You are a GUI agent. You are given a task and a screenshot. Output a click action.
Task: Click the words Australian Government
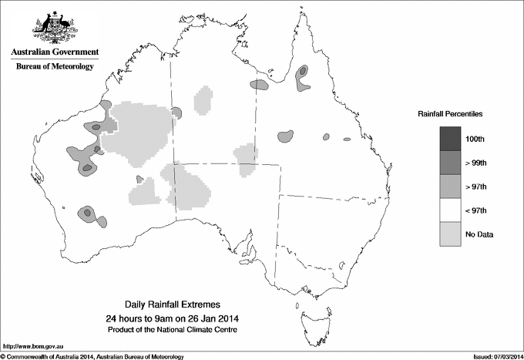click(x=55, y=52)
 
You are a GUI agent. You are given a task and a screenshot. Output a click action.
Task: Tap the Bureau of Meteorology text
click(x=55, y=67)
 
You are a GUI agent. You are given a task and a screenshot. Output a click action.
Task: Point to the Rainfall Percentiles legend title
click(x=450, y=113)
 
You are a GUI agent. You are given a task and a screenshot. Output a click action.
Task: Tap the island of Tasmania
click(x=311, y=315)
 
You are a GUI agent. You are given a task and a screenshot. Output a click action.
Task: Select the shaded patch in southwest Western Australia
click(x=91, y=214)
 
